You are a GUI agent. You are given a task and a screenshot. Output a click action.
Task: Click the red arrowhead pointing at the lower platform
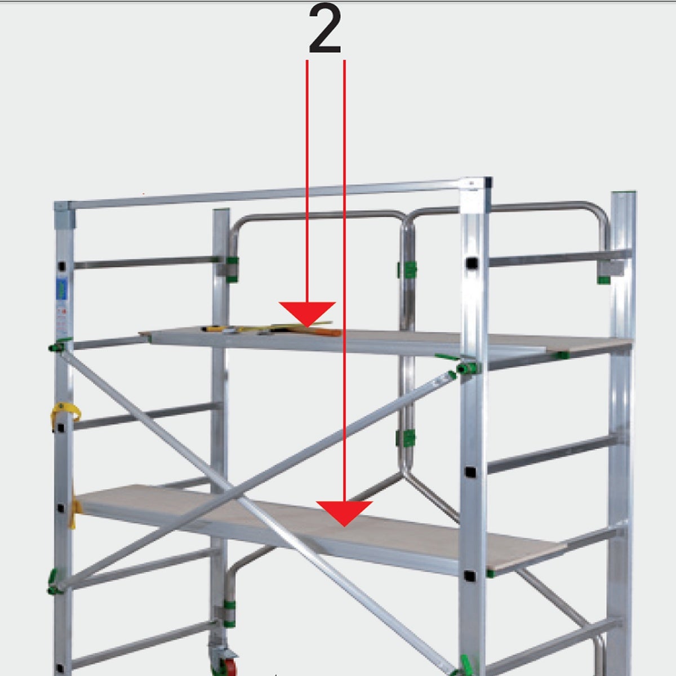(344, 513)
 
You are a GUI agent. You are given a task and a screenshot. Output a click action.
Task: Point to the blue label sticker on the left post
(62, 289)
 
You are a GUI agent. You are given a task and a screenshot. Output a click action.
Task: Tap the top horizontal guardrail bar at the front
(263, 195)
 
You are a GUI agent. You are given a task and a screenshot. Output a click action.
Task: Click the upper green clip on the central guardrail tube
(407, 270)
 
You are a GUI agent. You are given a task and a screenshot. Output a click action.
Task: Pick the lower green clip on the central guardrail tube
(406, 438)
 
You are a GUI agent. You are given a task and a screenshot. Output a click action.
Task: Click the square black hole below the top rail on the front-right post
(472, 263)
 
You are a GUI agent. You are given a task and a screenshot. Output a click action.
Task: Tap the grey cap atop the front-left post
(65, 215)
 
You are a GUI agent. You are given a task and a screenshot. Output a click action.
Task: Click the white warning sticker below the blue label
(62, 320)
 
